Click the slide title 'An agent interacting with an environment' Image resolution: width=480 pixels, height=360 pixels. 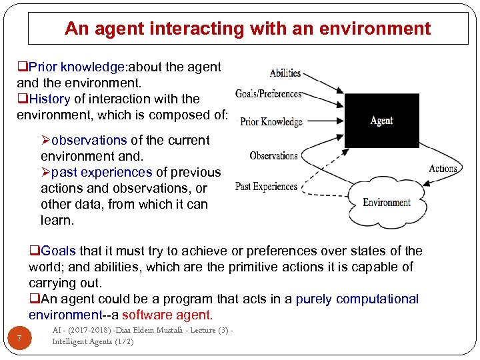pos(247,29)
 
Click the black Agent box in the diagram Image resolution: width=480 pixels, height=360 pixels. pos(381,120)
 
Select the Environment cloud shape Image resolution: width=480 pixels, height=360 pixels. pos(387,203)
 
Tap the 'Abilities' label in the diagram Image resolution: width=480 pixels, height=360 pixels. pos(285,73)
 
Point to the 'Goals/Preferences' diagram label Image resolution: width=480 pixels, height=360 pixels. pos(269,94)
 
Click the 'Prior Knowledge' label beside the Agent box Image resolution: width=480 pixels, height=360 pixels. pos(271,121)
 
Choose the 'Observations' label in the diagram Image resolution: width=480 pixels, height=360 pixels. pos(273,156)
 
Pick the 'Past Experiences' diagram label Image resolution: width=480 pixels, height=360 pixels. pos(266,186)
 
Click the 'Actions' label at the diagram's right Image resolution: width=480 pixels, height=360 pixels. pos(443,169)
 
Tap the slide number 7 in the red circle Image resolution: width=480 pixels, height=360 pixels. pos(20,339)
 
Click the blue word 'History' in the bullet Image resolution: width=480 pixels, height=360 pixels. pos(50,99)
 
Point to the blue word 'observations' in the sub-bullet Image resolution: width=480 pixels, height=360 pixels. pos(89,140)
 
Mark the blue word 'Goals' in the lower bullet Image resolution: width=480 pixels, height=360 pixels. pos(59,251)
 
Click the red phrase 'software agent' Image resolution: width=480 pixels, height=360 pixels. pos(167,315)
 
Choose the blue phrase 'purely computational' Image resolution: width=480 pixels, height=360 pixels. pos(357,299)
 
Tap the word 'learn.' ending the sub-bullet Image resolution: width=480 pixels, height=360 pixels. pos(57,220)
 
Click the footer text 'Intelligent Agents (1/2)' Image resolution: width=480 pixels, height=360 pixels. pos(93,341)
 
